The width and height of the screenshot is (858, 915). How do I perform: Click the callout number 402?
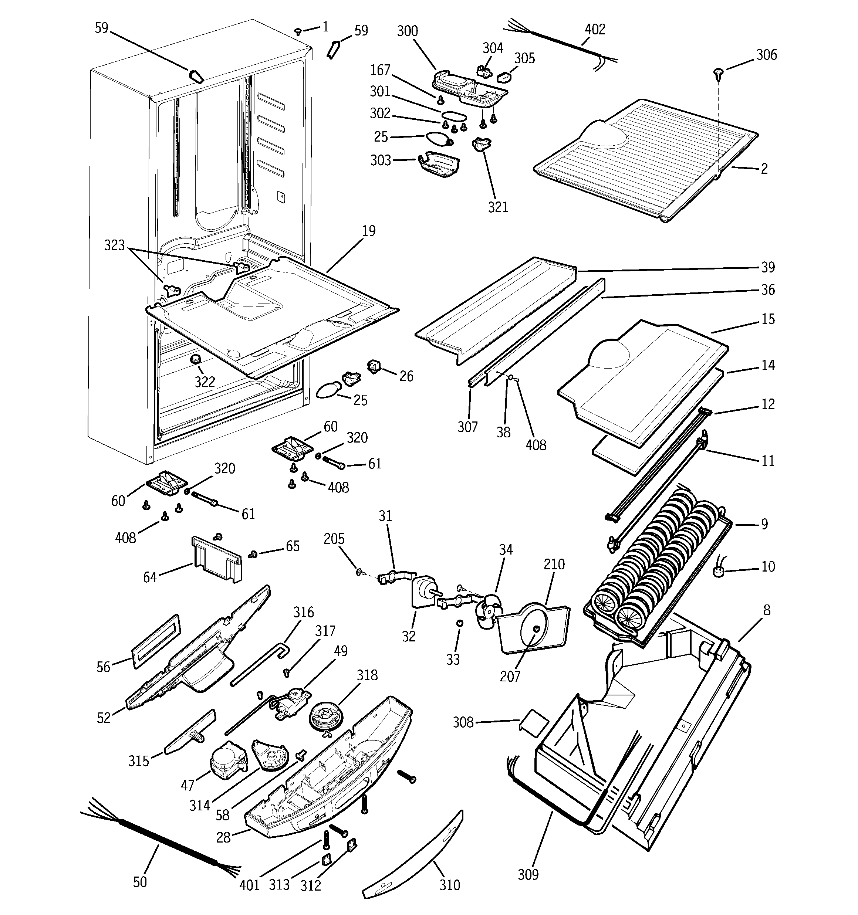595,30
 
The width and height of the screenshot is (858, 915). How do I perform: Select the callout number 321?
498,207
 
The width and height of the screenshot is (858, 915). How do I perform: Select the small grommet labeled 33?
459,623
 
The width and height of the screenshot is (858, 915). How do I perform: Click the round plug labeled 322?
196,359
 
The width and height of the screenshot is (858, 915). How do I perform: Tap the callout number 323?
115,245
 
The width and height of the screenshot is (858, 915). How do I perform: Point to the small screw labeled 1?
298,32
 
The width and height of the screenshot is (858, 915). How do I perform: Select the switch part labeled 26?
374,366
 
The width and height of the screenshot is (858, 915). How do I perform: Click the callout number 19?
368,231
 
